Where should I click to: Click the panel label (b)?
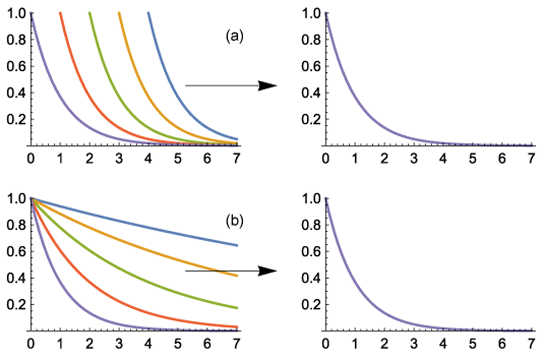[x=235, y=222]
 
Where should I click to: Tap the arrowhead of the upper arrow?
[x=267, y=85]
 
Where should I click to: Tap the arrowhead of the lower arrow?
[x=267, y=270]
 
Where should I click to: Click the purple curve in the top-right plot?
[x=348, y=81]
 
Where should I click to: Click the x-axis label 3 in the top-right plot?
[x=414, y=159]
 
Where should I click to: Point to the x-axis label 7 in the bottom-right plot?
[x=532, y=344]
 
